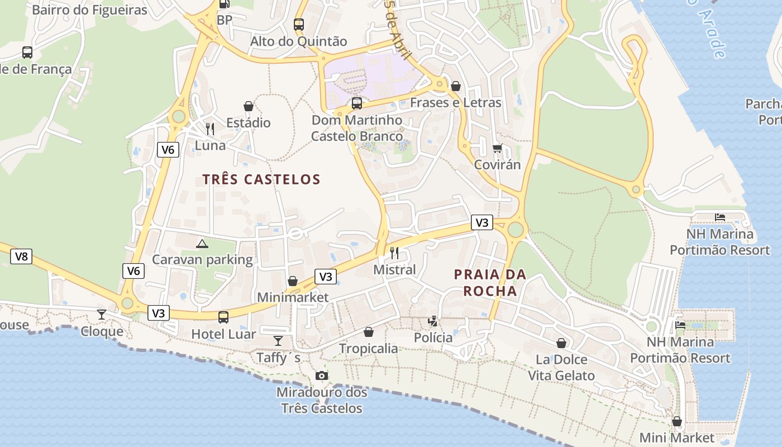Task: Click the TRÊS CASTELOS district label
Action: pyautogui.click(x=261, y=179)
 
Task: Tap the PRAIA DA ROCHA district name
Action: pyautogui.click(x=490, y=283)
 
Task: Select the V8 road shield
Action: pyautogui.click(x=21, y=256)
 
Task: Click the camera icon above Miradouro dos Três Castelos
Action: pyautogui.click(x=322, y=375)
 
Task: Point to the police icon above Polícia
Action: pyautogui.click(x=433, y=321)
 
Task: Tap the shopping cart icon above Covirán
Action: pyautogui.click(x=497, y=148)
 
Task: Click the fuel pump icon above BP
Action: pyautogui.click(x=224, y=4)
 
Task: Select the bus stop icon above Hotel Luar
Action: pyautogui.click(x=223, y=317)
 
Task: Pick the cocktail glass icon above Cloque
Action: pyautogui.click(x=102, y=315)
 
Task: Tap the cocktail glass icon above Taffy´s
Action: pyautogui.click(x=278, y=340)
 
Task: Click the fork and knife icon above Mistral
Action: pyautogui.click(x=394, y=253)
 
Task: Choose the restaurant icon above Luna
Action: pyautogui.click(x=210, y=129)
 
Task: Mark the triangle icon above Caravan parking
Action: pyautogui.click(x=202, y=243)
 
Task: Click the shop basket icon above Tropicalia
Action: pyautogui.click(x=369, y=332)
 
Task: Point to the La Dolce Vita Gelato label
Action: pyautogui.click(x=561, y=367)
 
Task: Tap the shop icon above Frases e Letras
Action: pyautogui.click(x=456, y=86)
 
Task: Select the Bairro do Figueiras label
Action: pyautogui.click(x=89, y=10)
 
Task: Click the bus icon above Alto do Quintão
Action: pyautogui.click(x=299, y=25)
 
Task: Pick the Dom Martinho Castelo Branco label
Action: pyautogui.click(x=357, y=128)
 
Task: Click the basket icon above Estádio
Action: pyautogui.click(x=249, y=106)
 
